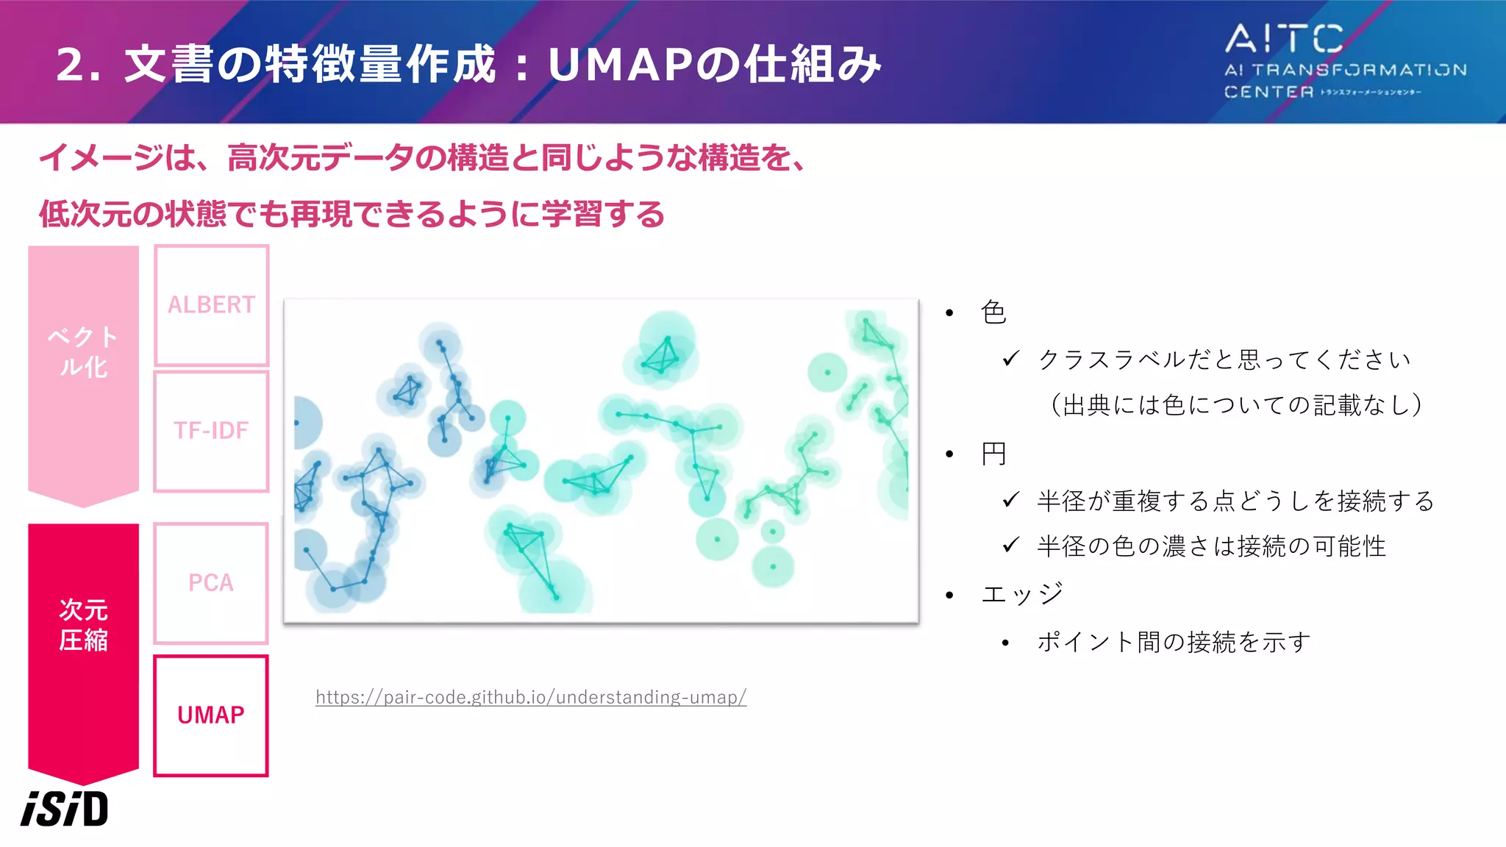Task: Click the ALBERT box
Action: (x=211, y=305)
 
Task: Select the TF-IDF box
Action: (x=211, y=431)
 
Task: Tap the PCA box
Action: (x=211, y=583)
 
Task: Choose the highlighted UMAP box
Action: (x=211, y=715)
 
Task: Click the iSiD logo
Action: (x=65, y=809)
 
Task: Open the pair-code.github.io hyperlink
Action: (x=531, y=697)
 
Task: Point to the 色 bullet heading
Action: (x=993, y=312)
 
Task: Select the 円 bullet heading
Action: (x=993, y=454)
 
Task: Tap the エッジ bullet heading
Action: (x=1022, y=594)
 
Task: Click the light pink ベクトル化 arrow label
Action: (x=83, y=351)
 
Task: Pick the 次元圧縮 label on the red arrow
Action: (x=83, y=625)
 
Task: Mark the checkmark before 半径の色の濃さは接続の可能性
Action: (x=1011, y=545)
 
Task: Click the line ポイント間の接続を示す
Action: (x=1174, y=642)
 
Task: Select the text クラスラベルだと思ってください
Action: (x=1224, y=360)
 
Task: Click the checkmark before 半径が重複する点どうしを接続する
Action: (x=1011, y=500)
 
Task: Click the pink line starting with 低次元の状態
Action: (x=351, y=214)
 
